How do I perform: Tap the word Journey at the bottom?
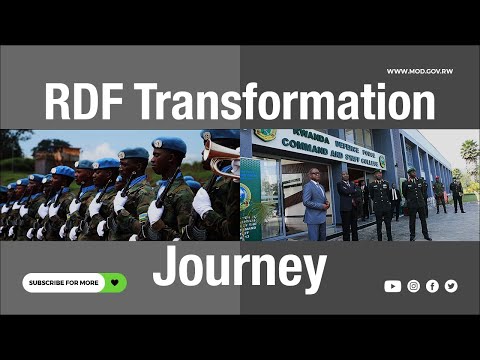coord(240,268)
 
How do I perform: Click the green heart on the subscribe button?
coord(116,283)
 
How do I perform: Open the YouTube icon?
coord(392,286)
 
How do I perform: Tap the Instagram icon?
coord(413,286)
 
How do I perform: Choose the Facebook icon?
coord(432,286)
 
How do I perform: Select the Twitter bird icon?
coord(451,286)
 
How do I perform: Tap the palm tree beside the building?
coord(468,152)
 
